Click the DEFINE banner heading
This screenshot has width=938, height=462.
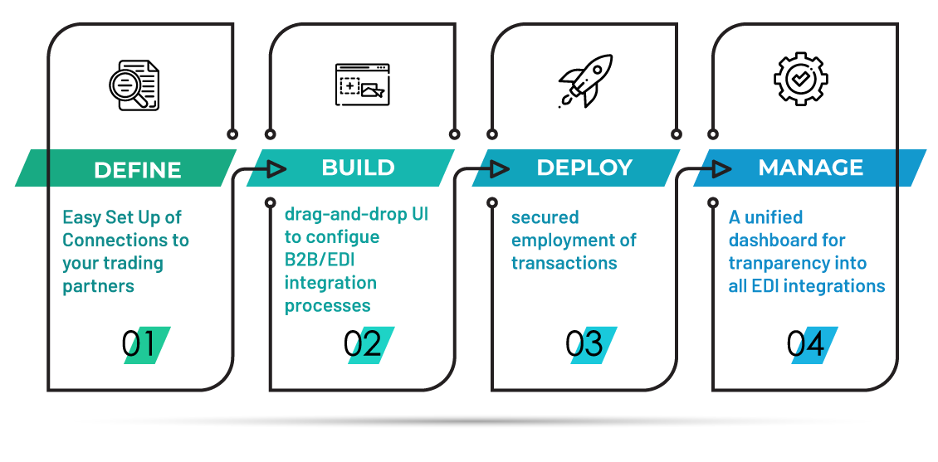point(137,170)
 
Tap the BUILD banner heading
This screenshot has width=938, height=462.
point(358,168)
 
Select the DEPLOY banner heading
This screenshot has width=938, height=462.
point(584,168)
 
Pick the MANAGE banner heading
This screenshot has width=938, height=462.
point(810,168)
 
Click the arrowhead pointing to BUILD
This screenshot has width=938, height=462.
point(276,169)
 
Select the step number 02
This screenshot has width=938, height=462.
point(370,345)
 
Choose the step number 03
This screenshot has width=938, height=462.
point(593,345)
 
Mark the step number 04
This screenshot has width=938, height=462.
point(813,345)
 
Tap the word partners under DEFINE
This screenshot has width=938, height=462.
point(98,287)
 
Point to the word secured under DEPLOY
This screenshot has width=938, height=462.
point(545,217)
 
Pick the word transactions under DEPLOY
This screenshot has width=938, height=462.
point(564,264)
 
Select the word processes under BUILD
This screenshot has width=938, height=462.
point(327,306)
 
